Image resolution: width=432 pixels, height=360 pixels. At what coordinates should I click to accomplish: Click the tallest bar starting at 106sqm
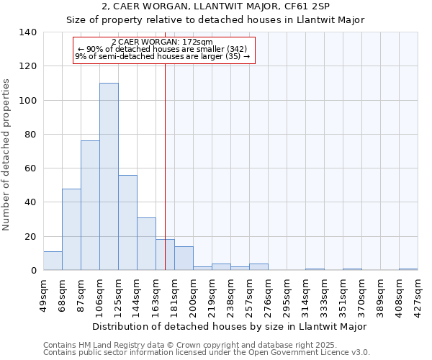[x=109, y=176]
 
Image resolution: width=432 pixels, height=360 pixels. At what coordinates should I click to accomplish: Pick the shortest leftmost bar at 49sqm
[x=53, y=261]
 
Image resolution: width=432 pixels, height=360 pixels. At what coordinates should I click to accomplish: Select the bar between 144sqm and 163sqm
[x=146, y=243]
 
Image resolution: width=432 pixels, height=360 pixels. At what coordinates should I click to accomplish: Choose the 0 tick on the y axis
[x=34, y=271]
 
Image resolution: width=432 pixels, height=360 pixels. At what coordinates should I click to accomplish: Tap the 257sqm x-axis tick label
[x=250, y=296]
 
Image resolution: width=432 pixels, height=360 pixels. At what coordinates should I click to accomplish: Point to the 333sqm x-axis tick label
[x=325, y=296]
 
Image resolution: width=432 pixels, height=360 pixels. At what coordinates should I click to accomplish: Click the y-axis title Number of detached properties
[x=7, y=154]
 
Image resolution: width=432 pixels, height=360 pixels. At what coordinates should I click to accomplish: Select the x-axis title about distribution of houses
[x=230, y=326]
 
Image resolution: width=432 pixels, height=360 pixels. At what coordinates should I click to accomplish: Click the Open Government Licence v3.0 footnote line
[x=206, y=352]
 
